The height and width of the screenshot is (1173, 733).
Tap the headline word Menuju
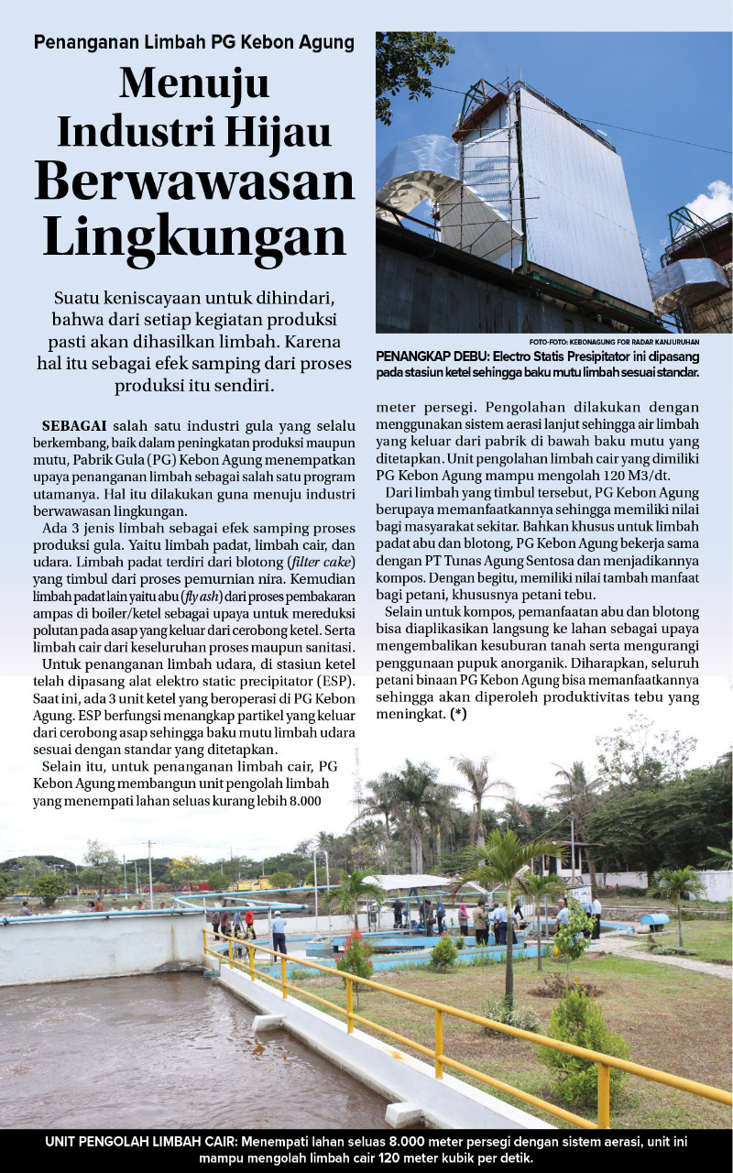pos(194,85)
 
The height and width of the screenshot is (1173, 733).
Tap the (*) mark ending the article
pos(457,714)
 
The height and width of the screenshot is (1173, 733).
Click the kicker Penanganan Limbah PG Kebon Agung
pos(194,42)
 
